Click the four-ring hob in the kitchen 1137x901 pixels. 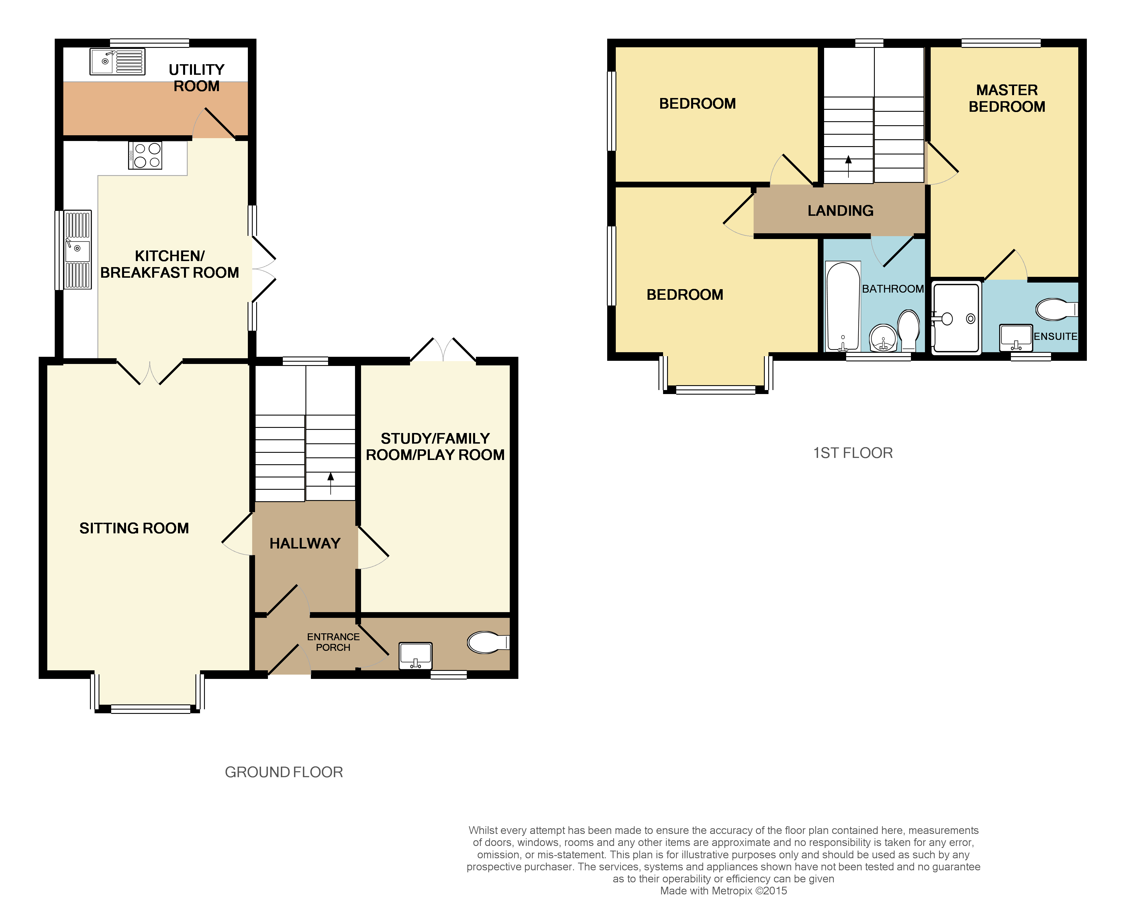145,156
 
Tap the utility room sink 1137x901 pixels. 117,62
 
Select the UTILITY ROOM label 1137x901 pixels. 196,78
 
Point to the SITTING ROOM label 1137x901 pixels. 134,528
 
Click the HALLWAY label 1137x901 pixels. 305,543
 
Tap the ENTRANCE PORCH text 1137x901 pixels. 333,642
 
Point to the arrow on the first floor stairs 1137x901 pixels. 848,166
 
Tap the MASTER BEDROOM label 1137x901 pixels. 1006,98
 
